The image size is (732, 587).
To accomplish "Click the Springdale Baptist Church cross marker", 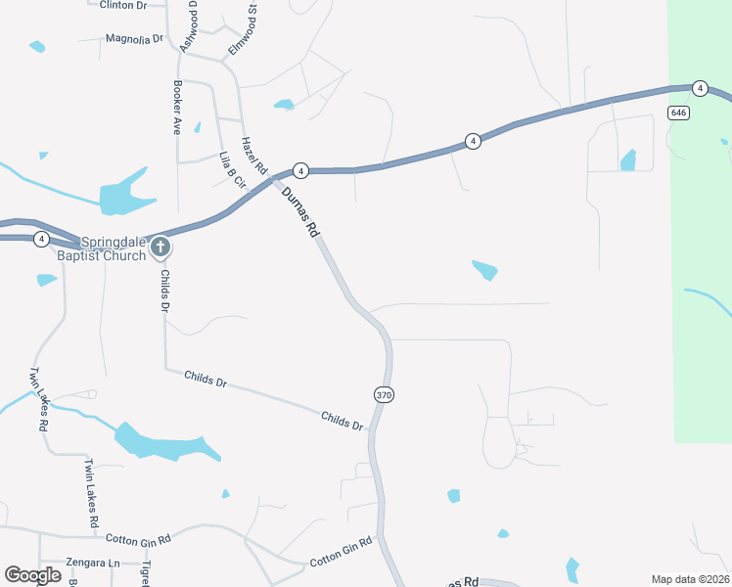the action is pyautogui.click(x=160, y=248).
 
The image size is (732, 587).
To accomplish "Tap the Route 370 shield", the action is pyautogui.click(x=384, y=394).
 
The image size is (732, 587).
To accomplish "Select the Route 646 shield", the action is pyautogui.click(x=678, y=113).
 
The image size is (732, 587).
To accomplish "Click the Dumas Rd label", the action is pyautogui.click(x=300, y=212).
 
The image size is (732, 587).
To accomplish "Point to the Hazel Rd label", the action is pyautogui.click(x=254, y=156).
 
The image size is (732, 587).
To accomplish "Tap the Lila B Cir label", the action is pyautogui.click(x=230, y=169).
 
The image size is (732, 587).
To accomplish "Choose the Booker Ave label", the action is pyautogui.click(x=178, y=107).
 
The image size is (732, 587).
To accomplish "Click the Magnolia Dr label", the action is pyautogui.click(x=133, y=39).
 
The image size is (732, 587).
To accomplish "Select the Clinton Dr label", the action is pyautogui.click(x=122, y=5).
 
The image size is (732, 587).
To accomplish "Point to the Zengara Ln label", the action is pyautogui.click(x=92, y=563).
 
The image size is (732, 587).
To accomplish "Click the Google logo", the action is pyautogui.click(x=32, y=575).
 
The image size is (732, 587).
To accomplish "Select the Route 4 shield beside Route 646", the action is pyautogui.click(x=700, y=88).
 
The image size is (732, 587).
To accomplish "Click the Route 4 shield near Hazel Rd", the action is pyautogui.click(x=301, y=170).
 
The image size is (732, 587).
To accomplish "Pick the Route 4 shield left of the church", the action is pyautogui.click(x=41, y=239).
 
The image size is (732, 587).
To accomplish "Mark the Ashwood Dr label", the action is pyautogui.click(x=189, y=26).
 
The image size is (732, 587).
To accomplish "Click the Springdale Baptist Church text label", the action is pyautogui.click(x=113, y=248).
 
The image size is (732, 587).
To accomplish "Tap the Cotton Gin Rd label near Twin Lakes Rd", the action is pyautogui.click(x=138, y=539).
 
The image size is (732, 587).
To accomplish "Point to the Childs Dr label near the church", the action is pyautogui.click(x=165, y=292).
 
